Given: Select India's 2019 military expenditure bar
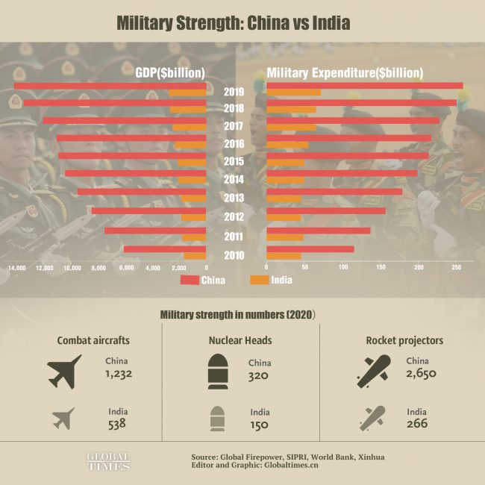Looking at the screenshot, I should coord(293,93).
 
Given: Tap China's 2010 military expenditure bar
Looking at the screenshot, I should coord(310,249).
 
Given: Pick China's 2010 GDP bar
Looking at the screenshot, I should coord(164,249).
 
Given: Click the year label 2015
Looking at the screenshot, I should coord(234,162).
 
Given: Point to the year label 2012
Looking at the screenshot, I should coord(234,218).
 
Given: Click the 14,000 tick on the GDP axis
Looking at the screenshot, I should coord(17,267).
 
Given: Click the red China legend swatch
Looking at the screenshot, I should coord(190,281).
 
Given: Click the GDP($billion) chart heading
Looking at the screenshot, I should coord(170,73).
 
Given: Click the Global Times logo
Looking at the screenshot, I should coord(107,460).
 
